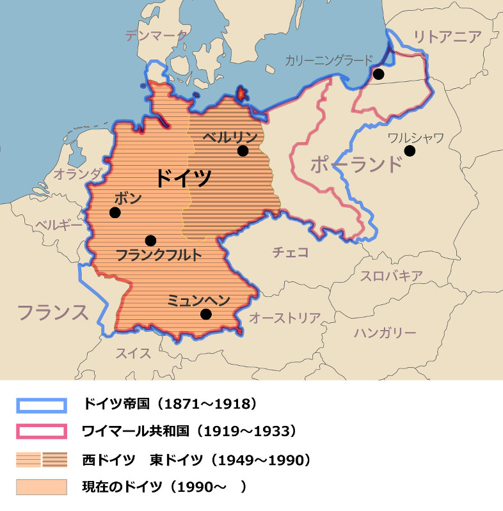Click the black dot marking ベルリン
(243, 151)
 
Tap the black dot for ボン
(115, 212)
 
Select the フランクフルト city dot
(150, 240)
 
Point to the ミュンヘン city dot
(205, 314)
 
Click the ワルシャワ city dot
(410, 151)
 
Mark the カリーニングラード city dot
(378, 74)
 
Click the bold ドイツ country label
(184, 177)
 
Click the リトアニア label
(447, 36)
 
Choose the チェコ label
(291, 252)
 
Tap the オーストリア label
(284, 317)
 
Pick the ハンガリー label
(385, 333)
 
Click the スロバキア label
(390, 276)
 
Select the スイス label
(133, 352)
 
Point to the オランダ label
(77, 173)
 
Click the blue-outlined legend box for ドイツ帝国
(41, 405)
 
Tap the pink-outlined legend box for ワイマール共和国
(41, 432)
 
